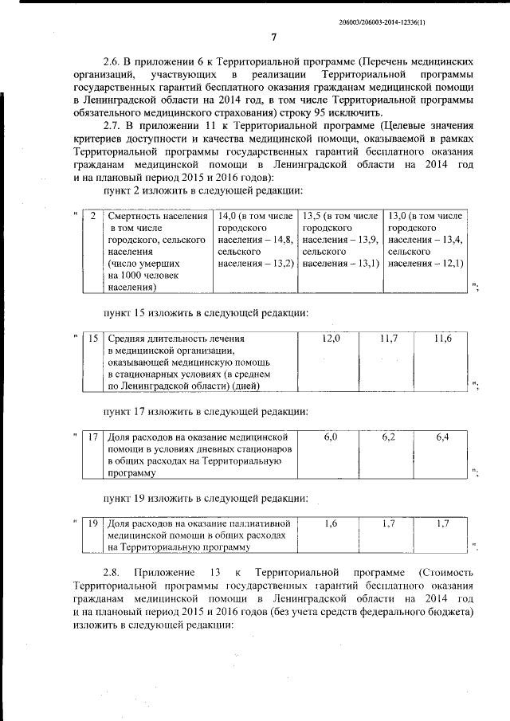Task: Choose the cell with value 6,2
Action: tap(388, 437)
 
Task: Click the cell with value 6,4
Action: tap(442, 437)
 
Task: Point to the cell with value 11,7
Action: tap(388, 339)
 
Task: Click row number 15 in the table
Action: tap(94, 339)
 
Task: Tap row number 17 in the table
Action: tap(94, 437)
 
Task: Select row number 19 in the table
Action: tap(94, 523)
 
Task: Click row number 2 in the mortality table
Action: tap(93, 217)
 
